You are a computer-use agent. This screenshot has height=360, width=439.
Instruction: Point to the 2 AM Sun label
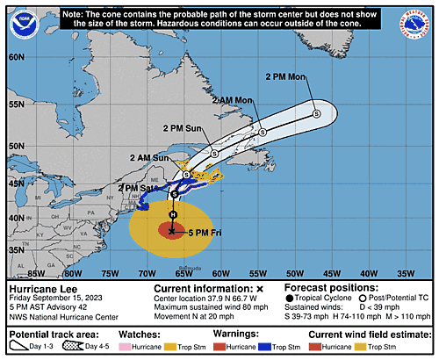coord(148,157)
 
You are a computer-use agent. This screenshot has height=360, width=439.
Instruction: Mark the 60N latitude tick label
coord(15,57)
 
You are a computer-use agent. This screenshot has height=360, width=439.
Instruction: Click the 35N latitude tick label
coord(15,250)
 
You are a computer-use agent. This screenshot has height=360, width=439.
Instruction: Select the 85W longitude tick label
coord(36,272)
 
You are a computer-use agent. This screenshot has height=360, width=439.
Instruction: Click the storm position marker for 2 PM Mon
coord(317,112)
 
